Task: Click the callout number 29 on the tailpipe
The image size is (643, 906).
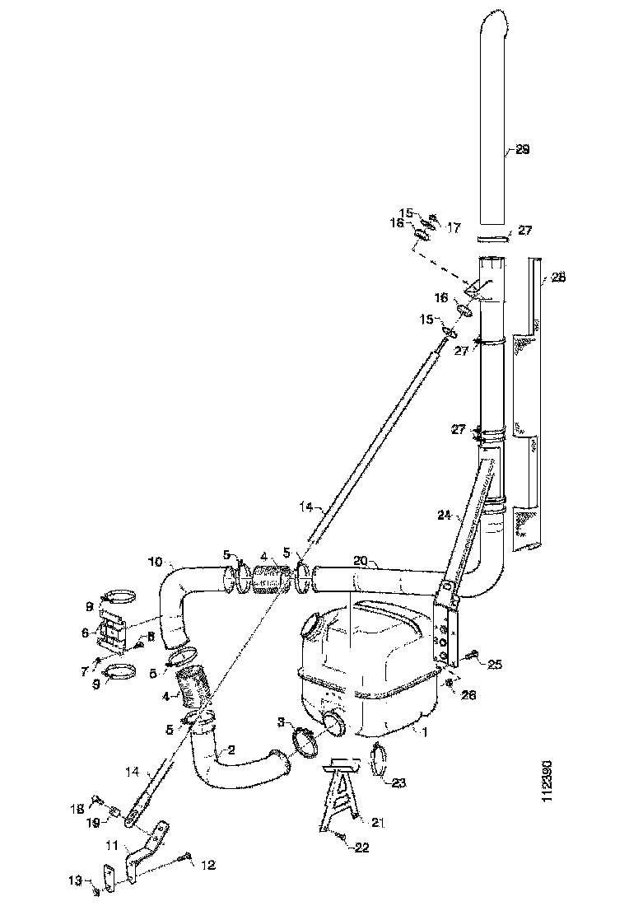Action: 521,150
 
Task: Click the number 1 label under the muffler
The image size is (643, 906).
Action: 423,731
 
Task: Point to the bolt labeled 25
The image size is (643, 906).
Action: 474,655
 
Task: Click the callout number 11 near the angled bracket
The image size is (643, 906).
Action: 111,845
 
